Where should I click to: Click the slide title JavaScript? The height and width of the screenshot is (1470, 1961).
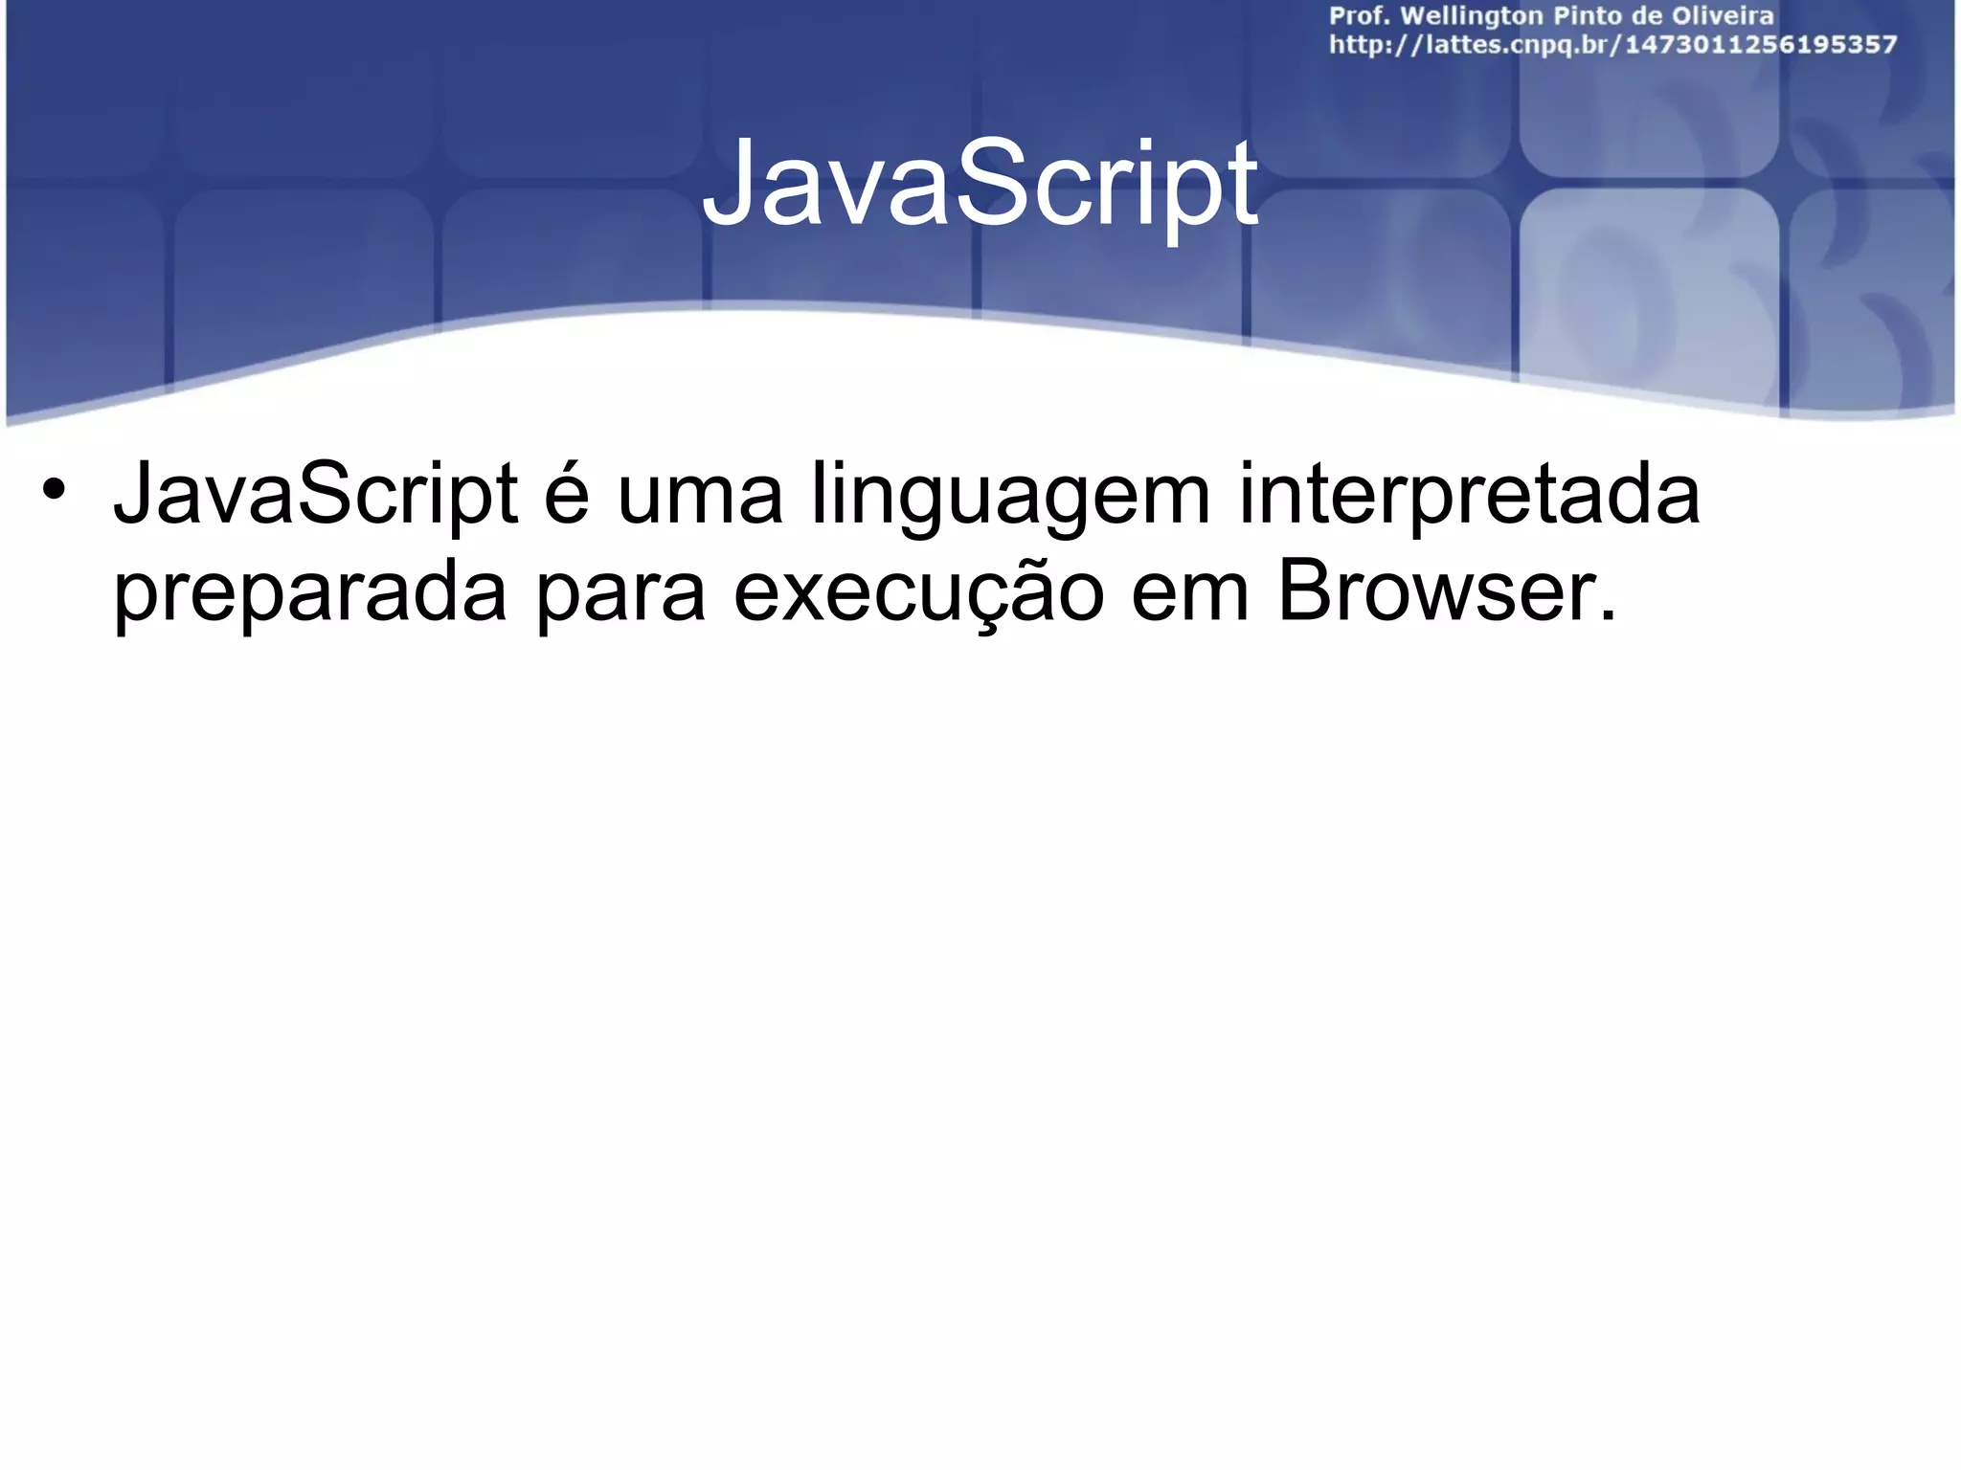coord(980,184)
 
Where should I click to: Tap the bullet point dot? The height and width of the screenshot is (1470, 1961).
coord(54,490)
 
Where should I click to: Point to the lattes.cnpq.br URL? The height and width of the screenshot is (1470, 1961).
coord(1612,45)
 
